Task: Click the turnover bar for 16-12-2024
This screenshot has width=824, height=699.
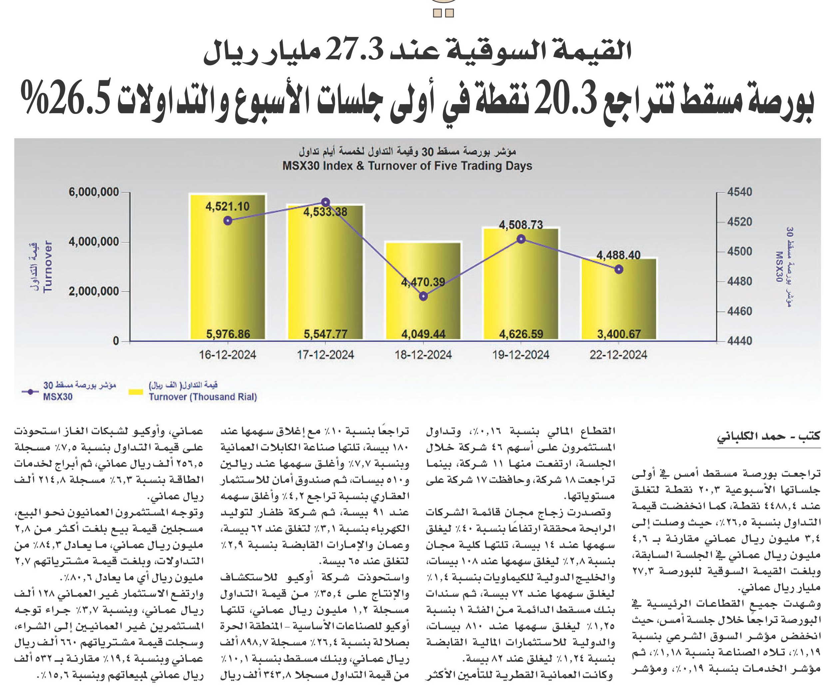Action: pyautogui.click(x=227, y=267)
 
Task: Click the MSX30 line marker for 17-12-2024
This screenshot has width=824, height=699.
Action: pyautogui.click(x=325, y=202)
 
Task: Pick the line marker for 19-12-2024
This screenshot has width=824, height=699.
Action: pyautogui.click(x=521, y=239)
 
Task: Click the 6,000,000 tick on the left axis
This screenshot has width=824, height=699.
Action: pyautogui.click(x=94, y=192)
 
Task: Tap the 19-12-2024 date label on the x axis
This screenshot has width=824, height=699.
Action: pyautogui.click(x=521, y=355)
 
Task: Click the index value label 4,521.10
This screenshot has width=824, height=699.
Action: pyautogui.click(x=227, y=206)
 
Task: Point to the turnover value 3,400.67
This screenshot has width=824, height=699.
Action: pyautogui.click(x=619, y=334)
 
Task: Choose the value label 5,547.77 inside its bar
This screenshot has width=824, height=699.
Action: pyautogui.click(x=325, y=334)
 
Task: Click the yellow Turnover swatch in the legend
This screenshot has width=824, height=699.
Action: pyautogui.click(x=136, y=392)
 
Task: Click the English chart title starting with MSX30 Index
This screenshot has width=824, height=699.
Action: pyautogui.click(x=407, y=166)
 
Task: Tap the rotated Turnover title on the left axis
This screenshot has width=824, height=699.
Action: pyautogui.click(x=48, y=266)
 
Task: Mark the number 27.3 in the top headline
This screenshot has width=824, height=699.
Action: pyautogui.click(x=354, y=51)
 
